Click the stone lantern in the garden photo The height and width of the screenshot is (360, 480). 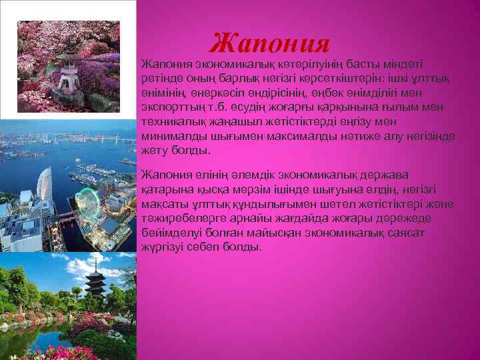click(x=69, y=74)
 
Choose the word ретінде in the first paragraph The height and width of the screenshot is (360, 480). click(x=161, y=79)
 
